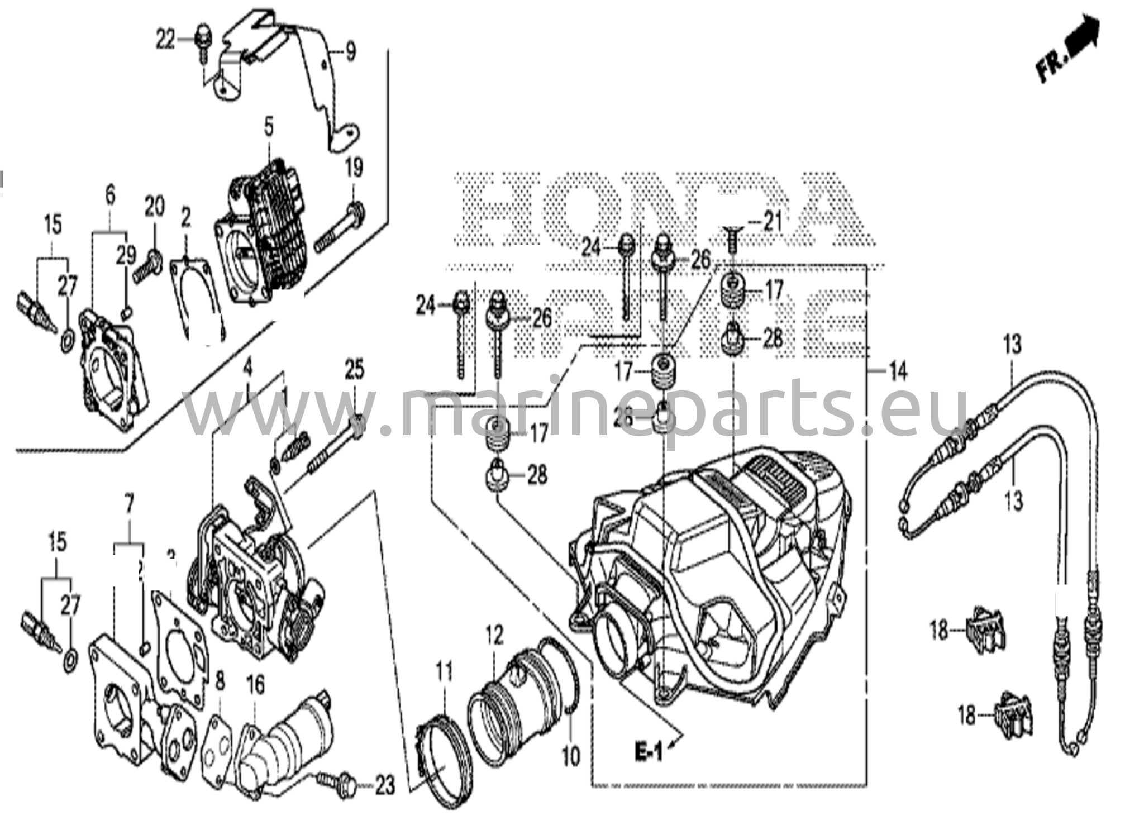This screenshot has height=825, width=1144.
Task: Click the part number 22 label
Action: [x=165, y=40]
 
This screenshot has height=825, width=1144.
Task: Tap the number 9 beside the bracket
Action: [x=350, y=53]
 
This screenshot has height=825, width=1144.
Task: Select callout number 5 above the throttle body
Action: [x=269, y=127]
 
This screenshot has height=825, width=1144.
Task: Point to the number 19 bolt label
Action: [x=354, y=168]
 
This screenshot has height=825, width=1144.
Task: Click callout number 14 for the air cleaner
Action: [x=898, y=371]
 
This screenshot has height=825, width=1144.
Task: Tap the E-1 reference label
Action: [x=649, y=754]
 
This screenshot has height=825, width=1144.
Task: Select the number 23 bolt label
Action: [x=385, y=786]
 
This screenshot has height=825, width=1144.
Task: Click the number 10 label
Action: [x=571, y=757]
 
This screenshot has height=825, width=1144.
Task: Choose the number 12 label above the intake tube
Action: [x=494, y=636]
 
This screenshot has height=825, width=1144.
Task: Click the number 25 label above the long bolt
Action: [x=354, y=370]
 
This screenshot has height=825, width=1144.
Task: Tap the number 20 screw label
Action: [x=155, y=207]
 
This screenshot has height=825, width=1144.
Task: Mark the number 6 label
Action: [x=110, y=196]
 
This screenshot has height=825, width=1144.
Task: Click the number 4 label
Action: [x=247, y=369]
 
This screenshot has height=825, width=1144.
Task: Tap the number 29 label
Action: [x=126, y=255]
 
